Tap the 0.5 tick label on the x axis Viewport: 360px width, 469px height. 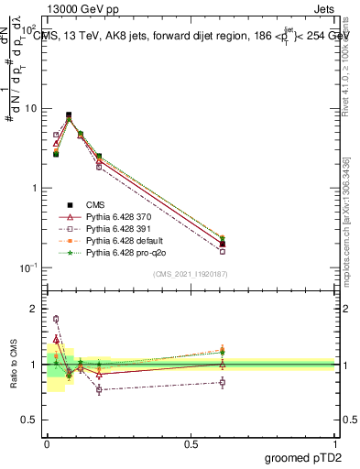[x=191, y=443]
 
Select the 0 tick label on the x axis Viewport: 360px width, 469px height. [x=47, y=443]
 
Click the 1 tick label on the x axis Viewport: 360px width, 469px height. [x=335, y=443]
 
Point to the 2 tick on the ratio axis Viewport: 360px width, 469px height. [x=34, y=309]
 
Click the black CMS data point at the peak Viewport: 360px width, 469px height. [x=69, y=115]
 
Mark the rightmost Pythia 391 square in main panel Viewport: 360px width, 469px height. [x=223, y=251]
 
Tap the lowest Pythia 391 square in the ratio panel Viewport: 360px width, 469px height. [x=99, y=389]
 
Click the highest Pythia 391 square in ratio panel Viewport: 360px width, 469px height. [x=56, y=319]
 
